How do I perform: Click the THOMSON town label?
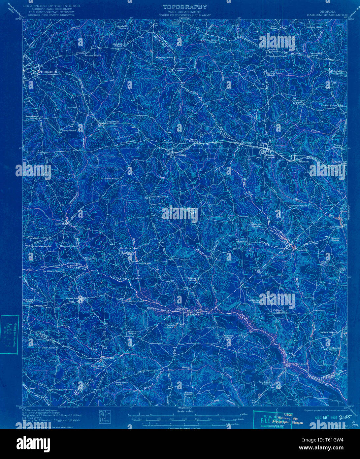(x=49, y=72)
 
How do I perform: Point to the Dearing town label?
(x=181, y=155)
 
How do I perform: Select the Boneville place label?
(x=105, y=121)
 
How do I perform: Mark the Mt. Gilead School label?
(x=110, y=179)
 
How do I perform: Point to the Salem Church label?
(x=69, y=130)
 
